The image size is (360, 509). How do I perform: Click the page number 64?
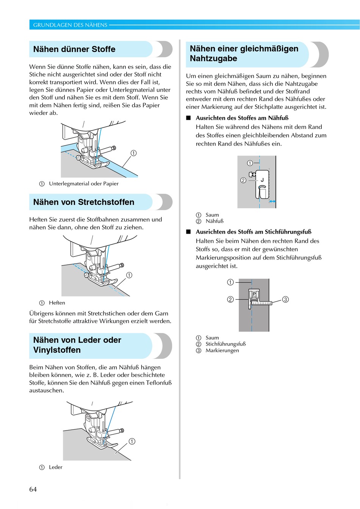tap(33, 489)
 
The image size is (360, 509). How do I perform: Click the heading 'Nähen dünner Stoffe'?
tap(74, 49)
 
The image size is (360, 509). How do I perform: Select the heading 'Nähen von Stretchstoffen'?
tap(83, 202)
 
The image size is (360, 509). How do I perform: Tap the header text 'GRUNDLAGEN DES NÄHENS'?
tap(70, 25)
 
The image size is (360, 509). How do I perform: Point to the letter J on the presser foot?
tap(262, 180)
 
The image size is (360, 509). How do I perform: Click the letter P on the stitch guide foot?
tap(254, 294)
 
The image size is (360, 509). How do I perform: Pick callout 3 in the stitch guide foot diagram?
tap(285, 299)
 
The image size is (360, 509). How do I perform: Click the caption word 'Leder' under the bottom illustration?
tap(55, 467)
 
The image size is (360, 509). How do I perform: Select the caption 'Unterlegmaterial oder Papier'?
tap(83, 184)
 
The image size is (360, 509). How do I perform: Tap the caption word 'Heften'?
tap(57, 303)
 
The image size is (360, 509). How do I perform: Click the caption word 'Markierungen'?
tap(222, 350)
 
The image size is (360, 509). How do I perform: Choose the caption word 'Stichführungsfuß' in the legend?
tap(225, 344)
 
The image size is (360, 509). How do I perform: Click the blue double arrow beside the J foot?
tap(272, 201)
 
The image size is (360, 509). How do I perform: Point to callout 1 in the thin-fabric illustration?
tap(133, 153)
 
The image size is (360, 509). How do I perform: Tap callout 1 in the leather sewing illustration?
tap(132, 441)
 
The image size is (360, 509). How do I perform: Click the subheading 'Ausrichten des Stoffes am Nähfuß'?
tap(242, 118)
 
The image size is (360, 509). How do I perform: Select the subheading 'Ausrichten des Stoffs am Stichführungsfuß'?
tap(253, 232)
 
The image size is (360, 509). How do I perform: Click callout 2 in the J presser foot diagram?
tap(243, 180)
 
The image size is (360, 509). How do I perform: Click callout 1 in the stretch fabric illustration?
tap(129, 275)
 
